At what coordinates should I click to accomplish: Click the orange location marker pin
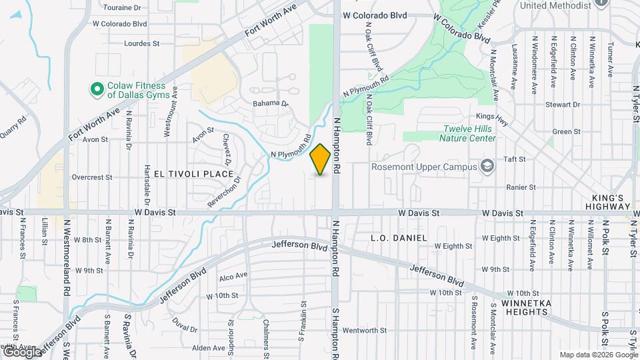coord(321,159)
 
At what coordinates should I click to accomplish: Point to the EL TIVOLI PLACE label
coord(193,174)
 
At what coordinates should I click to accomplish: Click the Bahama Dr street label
coord(270,104)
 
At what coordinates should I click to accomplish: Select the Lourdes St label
coord(142,43)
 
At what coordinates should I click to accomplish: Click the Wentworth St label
coord(365,330)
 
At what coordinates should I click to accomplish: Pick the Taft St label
coord(515,160)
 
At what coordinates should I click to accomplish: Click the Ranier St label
coord(521,187)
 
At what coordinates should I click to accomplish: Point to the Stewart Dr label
coord(563,105)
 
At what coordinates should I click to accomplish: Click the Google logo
coord(21,351)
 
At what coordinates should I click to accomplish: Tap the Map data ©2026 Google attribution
coord(598,355)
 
